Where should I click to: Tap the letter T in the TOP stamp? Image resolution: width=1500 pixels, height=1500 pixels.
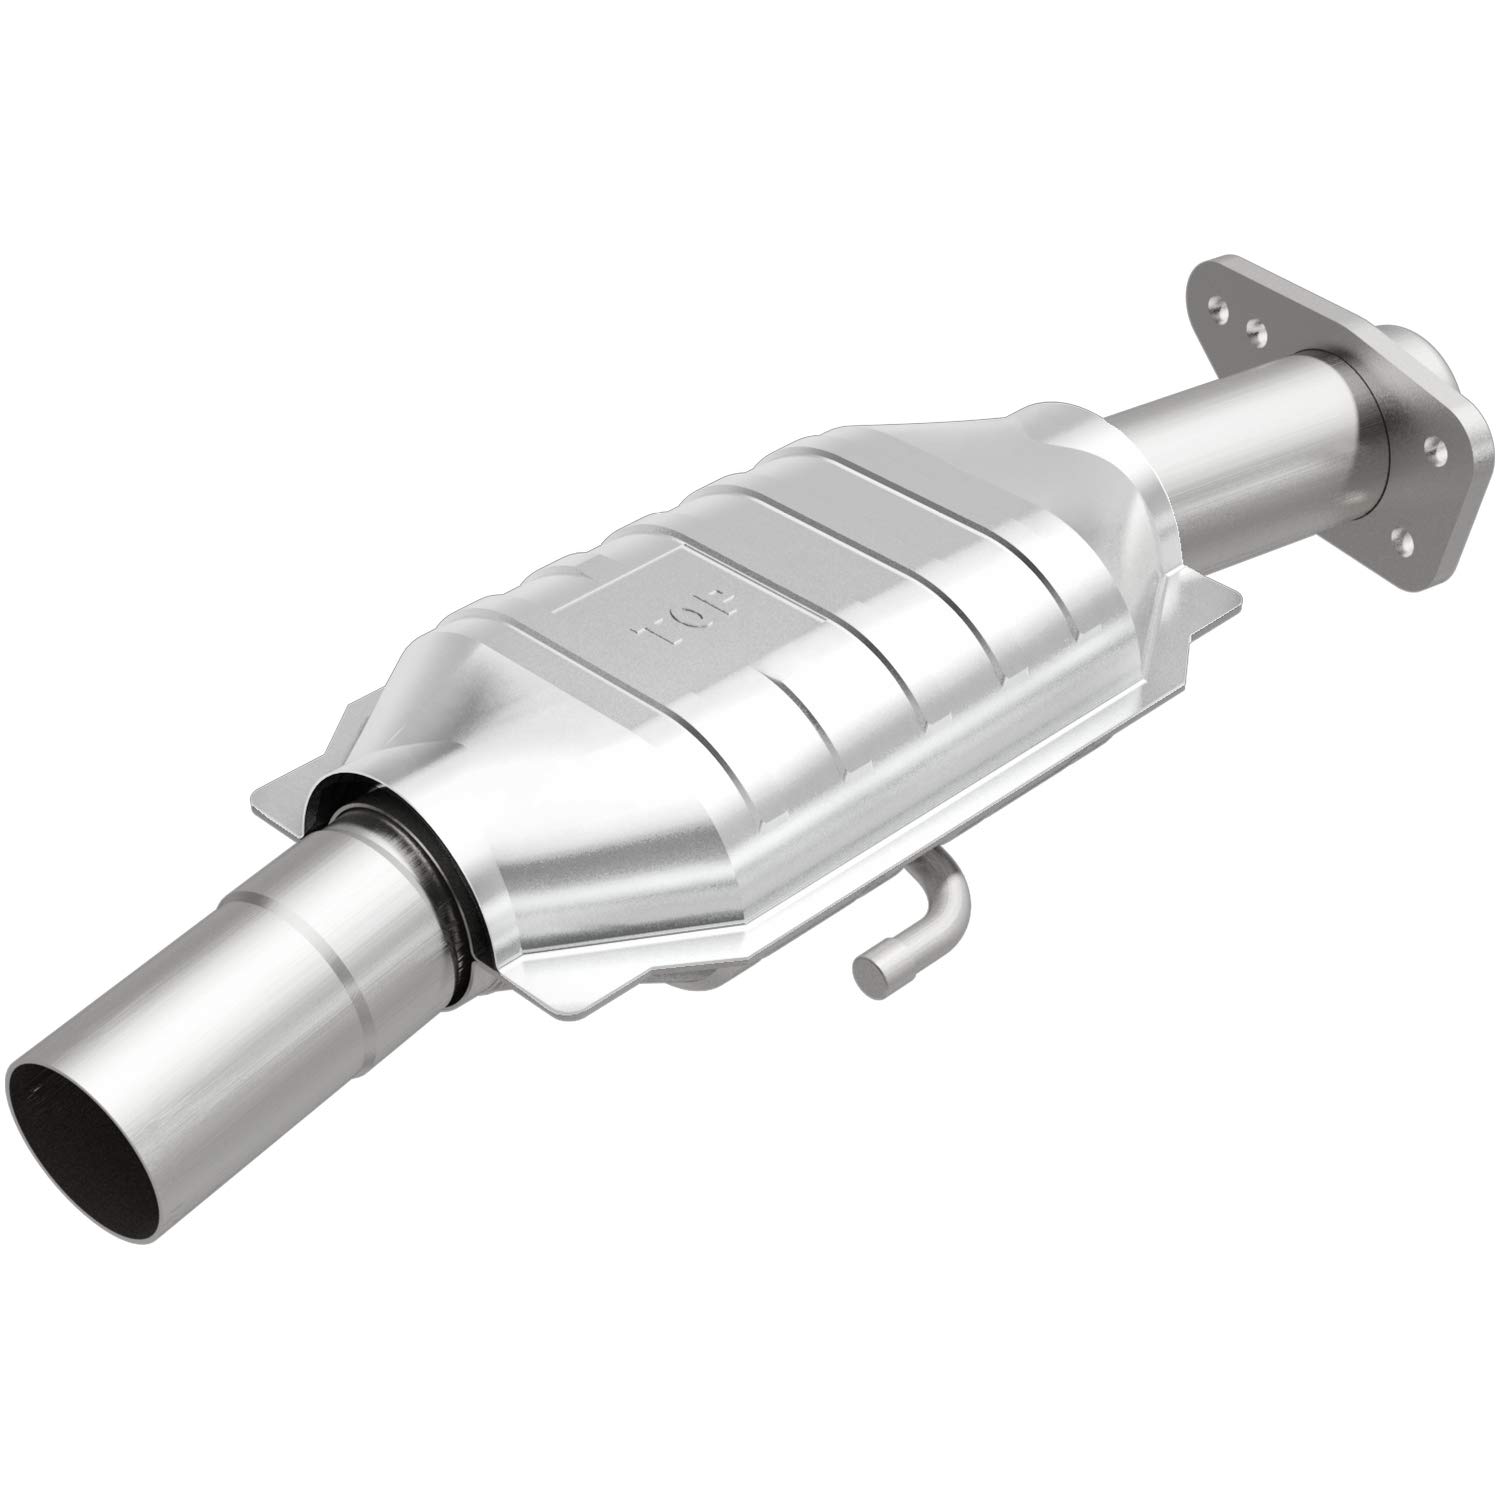coord(652,632)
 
